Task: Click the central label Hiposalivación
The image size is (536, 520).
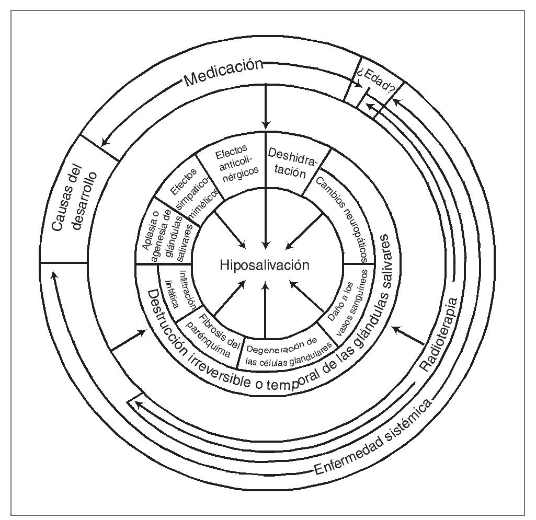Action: pos(265,265)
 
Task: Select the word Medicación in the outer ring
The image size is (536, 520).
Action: pos(223,73)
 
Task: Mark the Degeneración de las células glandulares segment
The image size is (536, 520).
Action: pos(289,347)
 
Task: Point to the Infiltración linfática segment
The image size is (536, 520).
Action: pos(177,293)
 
